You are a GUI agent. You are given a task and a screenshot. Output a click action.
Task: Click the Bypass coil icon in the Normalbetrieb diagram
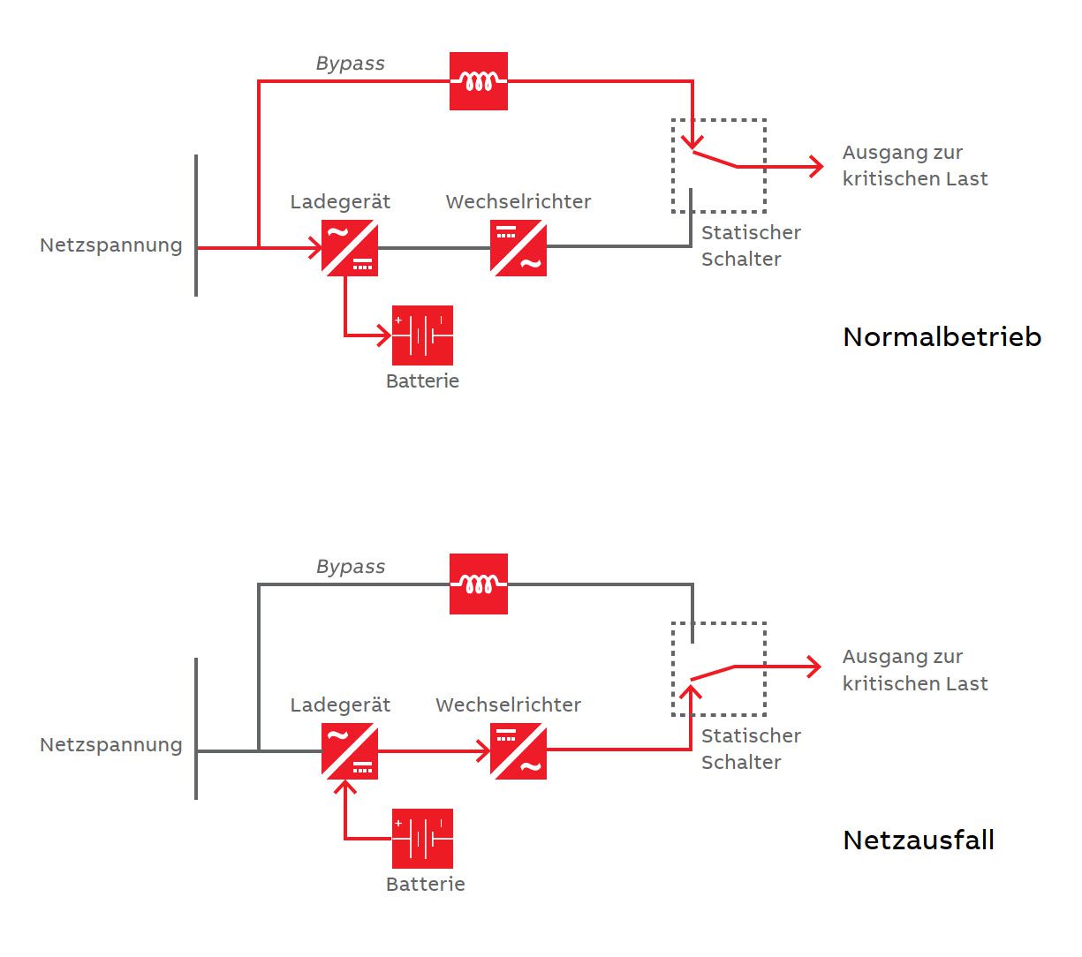tap(478, 81)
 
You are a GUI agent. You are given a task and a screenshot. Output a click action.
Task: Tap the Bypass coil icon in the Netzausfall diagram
tap(478, 584)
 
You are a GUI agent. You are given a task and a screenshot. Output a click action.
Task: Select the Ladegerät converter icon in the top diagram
tap(350, 248)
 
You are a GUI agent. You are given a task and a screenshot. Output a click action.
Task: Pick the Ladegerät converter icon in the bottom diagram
tap(350, 751)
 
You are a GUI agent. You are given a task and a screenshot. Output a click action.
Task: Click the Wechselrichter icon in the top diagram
tap(518, 248)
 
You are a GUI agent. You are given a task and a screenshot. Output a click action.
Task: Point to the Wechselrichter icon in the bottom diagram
tap(518, 751)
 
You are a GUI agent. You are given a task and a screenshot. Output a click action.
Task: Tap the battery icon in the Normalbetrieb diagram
tap(422, 335)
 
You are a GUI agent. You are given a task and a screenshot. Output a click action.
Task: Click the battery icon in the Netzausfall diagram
tap(422, 839)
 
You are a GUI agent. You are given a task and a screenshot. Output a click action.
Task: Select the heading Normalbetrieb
tap(942, 337)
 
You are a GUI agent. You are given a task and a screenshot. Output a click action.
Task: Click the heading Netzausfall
tap(919, 840)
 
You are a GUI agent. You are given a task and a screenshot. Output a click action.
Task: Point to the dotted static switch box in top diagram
tap(718, 166)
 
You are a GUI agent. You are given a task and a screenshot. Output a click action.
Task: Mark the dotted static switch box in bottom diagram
tap(718, 669)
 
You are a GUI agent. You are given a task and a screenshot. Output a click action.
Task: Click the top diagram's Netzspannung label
tap(111, 245)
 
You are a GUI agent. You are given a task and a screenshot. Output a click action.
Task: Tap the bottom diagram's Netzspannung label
tap(111, 745)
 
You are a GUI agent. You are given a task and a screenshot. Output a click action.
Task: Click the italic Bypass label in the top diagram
tap(351, 64)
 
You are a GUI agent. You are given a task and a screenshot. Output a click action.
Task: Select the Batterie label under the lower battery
tap(425, 885)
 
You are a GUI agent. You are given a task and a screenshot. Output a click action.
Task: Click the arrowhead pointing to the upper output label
tap(816, 166)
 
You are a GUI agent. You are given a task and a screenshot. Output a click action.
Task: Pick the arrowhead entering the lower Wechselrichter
tap(483, 751)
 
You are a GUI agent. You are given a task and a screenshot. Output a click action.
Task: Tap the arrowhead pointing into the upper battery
tap(384, 335)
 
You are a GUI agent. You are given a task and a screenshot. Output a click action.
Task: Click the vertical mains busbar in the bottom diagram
tap(196, 728)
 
